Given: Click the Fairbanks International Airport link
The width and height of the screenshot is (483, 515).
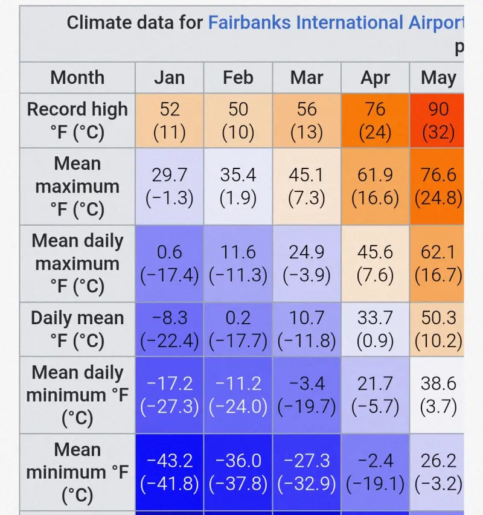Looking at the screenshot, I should (335, 23).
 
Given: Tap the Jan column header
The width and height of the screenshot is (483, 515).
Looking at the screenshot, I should (169, 78).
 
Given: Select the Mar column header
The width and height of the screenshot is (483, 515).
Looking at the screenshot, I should (307, 78).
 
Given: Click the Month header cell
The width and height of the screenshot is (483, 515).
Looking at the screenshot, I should (77, 78).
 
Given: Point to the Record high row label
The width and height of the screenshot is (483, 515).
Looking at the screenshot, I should (77, 120).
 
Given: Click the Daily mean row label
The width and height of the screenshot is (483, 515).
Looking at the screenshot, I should (77, 329).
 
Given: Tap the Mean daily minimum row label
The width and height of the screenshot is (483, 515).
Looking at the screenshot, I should (77, 395).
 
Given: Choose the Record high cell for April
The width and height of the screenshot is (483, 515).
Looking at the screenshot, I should (375, 120).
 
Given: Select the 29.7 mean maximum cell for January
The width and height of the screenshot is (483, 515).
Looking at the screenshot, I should (169, 186).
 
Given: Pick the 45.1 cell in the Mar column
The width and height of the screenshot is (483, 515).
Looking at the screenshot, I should (307, 186).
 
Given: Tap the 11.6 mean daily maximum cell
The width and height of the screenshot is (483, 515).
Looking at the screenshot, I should (238, 263).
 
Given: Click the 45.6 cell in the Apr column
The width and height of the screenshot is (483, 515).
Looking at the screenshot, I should (375, 263).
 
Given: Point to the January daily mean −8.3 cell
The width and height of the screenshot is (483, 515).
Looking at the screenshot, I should (169, 329).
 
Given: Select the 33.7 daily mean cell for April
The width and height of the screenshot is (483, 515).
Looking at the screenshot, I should (375, 329).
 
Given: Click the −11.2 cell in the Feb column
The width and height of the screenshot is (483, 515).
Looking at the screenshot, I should (238, 395).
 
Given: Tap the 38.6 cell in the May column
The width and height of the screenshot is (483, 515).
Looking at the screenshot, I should (438, 395).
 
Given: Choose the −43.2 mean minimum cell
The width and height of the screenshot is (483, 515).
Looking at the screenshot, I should (169, 472).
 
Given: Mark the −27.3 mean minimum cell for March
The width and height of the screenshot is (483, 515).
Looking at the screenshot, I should (307, 472).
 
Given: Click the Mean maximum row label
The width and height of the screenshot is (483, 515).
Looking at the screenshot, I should (77, 186).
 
